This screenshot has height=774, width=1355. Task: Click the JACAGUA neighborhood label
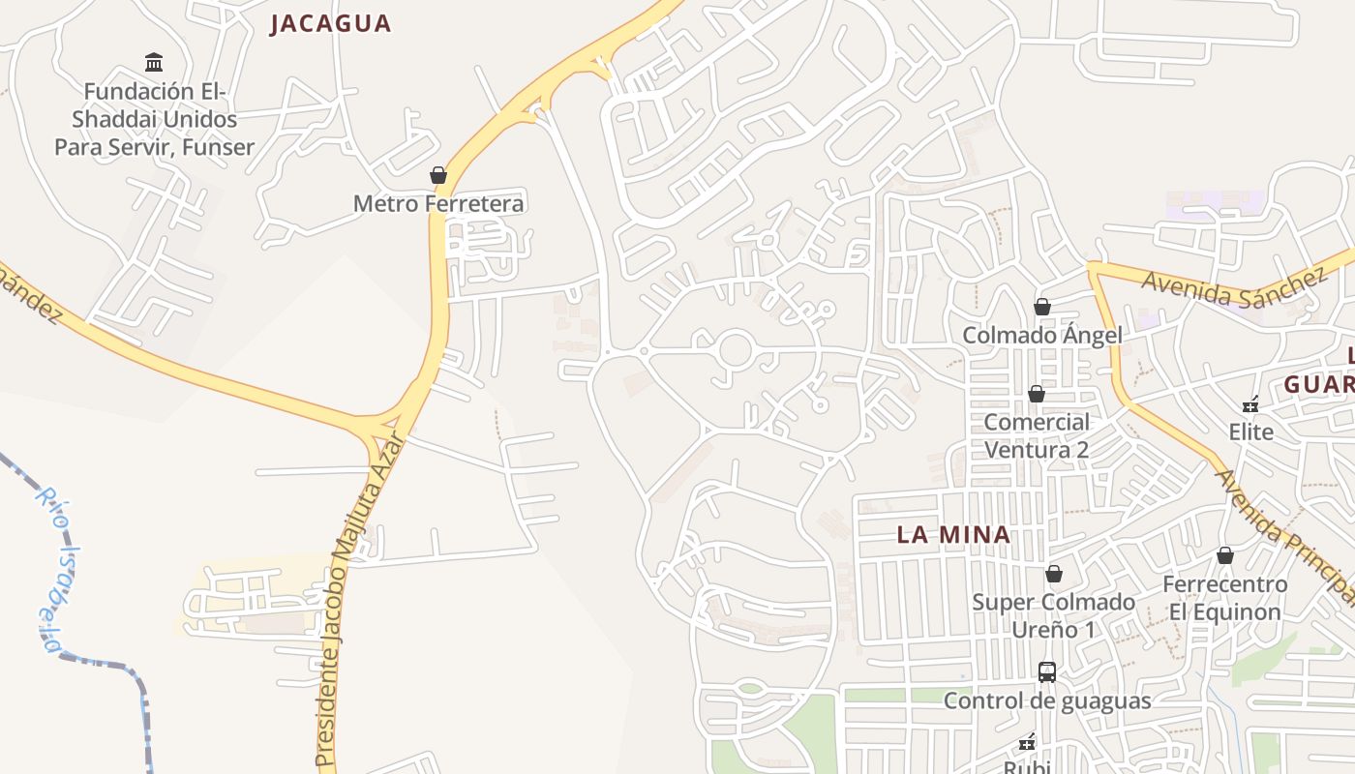330,23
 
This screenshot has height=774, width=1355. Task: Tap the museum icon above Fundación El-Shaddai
154,63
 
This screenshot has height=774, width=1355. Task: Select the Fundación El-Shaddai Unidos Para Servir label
154,119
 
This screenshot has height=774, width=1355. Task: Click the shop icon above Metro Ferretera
438,175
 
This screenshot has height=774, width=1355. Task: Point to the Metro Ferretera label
438,203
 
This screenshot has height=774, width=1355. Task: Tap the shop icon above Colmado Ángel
1042,307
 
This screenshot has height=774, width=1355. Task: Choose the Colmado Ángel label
1042,336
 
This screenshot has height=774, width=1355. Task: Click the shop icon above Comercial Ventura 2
1037,394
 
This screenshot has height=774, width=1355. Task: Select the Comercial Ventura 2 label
1037,435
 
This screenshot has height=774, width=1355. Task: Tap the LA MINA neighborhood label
953,534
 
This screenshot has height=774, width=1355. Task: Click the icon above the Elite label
1251,403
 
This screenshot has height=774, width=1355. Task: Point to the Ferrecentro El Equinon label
1225,598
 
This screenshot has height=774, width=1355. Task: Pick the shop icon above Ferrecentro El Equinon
1225,555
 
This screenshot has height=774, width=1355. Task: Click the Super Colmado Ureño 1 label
1054,615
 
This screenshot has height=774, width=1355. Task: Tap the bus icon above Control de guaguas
1047,671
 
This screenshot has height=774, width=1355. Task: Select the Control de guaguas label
1047,700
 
